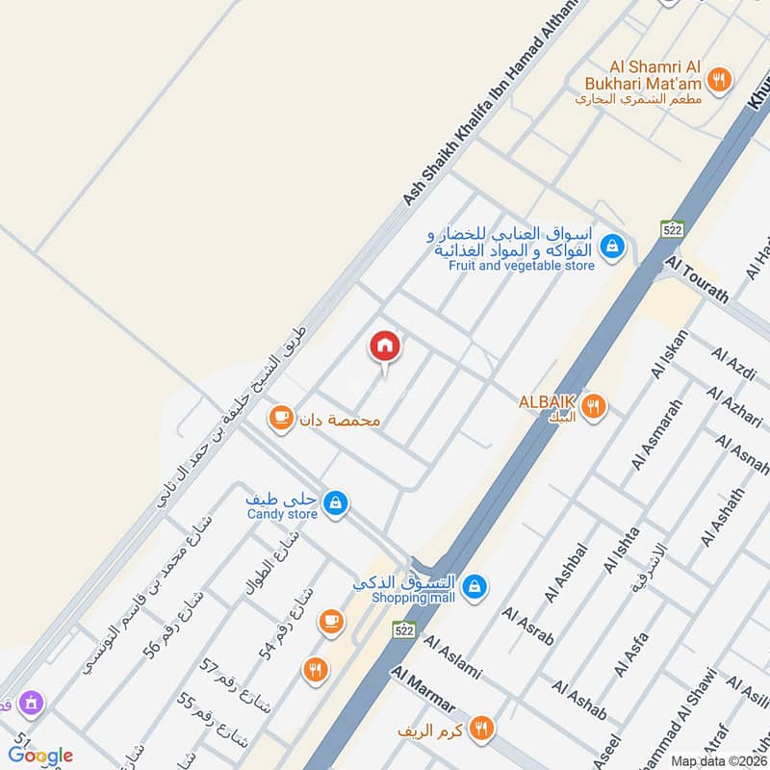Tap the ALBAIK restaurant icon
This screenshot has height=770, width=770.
click(594, 406)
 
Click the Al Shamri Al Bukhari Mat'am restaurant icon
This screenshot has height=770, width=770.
click(717, 80)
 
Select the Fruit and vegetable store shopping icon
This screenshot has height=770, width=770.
click(610, 247)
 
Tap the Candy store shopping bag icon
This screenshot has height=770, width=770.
click(335, 502)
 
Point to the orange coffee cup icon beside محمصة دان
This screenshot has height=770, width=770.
click(280, 418)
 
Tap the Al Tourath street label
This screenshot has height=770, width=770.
click(697, 280)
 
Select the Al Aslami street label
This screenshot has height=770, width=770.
click(451, 658)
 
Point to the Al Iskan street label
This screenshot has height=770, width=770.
click(671, 353)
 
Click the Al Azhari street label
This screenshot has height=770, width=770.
click(733, 408)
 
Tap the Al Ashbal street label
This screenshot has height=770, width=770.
click(565, 574)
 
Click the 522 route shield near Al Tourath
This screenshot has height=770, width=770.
click(671, 229)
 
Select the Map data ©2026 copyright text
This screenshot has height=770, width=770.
click(719, 760)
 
